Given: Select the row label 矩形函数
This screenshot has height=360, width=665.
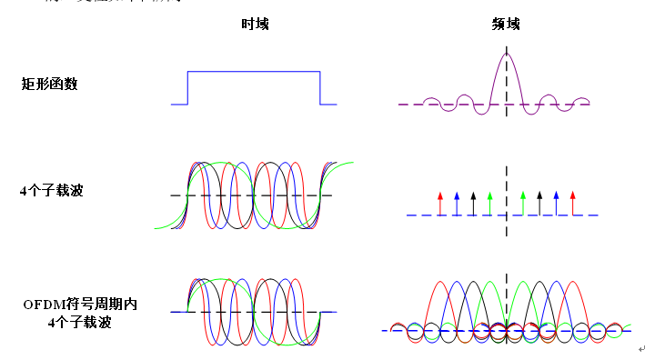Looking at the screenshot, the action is [50, 84].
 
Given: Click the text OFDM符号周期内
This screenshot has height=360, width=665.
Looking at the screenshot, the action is [80, 304].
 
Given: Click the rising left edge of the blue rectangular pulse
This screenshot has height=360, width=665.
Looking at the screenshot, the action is [187, 88].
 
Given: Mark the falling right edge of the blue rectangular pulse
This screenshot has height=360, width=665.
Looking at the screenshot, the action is [320, 88].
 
